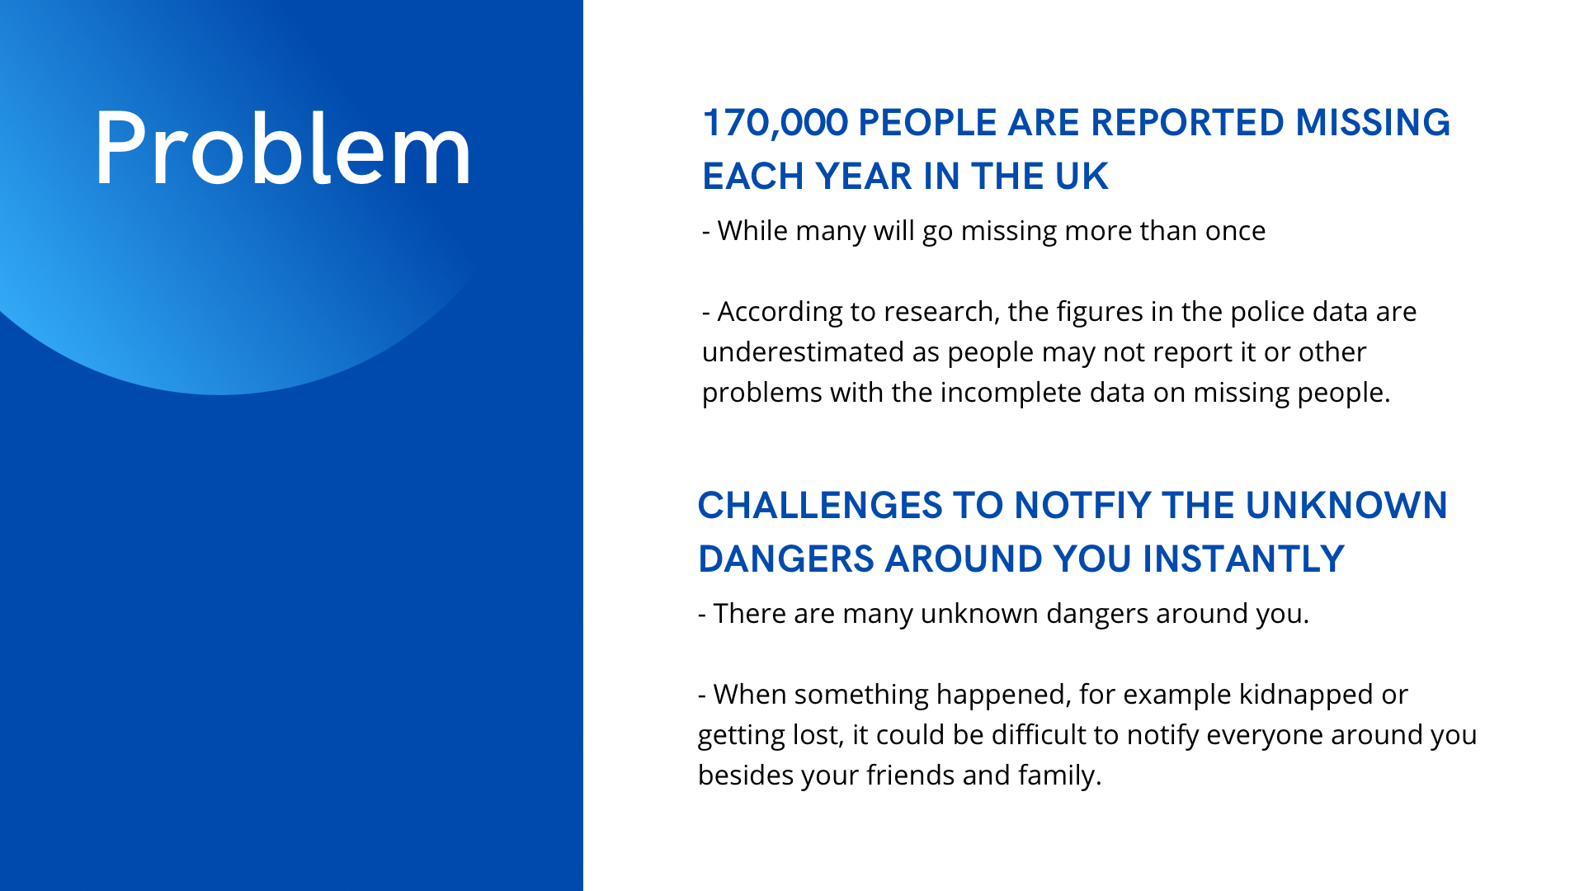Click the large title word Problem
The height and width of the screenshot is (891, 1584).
pyautogui.click(x=283, y=149)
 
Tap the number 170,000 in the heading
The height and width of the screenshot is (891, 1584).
pyautogui.click(x=775, y=123)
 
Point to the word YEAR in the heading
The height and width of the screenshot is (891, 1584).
pyautogui.click(x=864, y=176)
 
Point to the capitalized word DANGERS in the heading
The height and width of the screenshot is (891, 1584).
pyautogui.click(x=786, y=559)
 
